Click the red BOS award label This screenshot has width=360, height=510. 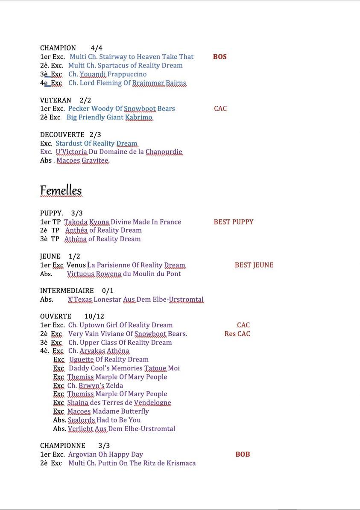220,57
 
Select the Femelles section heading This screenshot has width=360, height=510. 61,190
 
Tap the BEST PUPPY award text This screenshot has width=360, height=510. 233,222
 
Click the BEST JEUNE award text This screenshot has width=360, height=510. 254,265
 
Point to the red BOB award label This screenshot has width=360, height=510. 243,455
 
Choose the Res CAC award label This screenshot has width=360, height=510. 237,334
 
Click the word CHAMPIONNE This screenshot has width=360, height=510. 62,446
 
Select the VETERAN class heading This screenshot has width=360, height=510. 56,100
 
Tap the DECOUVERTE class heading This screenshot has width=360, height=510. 62,135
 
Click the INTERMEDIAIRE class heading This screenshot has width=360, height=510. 67,291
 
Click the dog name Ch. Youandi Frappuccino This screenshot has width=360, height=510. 107,74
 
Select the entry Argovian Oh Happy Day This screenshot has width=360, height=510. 105,455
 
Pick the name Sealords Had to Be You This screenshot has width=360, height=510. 104,420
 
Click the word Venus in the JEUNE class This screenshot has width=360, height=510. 76,265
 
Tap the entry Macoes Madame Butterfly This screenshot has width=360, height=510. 108,411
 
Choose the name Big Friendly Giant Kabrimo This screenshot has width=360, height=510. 109,117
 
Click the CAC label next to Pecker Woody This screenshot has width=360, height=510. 220,109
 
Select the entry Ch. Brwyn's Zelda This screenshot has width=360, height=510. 95,385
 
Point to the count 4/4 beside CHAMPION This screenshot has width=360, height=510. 97,48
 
